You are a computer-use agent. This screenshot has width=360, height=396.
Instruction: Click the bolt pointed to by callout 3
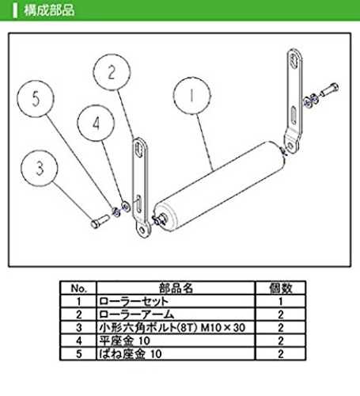click(100, 221)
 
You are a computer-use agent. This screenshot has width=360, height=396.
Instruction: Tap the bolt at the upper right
click(329, 89)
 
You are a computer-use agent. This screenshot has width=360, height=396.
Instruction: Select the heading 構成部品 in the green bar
click(49, 10)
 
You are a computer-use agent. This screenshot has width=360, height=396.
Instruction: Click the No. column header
click(79, 288)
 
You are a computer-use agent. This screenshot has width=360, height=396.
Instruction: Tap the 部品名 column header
click(176, 288)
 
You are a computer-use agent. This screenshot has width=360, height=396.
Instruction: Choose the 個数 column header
click(281, 288)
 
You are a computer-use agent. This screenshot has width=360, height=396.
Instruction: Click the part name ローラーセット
click(134, 301)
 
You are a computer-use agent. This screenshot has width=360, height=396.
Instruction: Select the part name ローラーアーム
click(136, 314)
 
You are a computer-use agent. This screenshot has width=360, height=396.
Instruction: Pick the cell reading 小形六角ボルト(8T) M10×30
click(172, 328)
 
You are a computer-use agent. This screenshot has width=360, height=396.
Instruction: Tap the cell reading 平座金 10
click(124, 341)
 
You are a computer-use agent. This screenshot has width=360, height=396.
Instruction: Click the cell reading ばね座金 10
click(131, 354)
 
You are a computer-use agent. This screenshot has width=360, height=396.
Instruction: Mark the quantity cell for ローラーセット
click(281, 301)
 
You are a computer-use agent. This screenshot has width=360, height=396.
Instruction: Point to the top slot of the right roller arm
click(295, 61)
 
